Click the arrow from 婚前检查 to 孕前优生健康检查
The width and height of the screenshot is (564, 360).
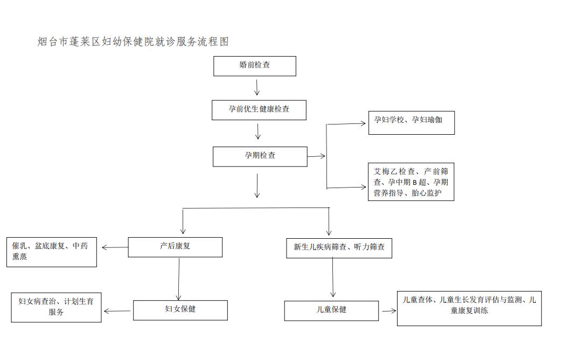(x=257, y=87)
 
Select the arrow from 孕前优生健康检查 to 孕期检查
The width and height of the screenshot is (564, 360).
(x=258, y=131)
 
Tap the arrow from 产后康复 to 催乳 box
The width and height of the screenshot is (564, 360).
(x=115, y=247)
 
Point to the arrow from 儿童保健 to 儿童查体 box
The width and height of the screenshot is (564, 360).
(x=389, y=310)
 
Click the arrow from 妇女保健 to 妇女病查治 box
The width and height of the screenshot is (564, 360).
(x=117, y=311)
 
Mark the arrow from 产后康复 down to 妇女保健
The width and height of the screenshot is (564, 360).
(x=179, y=279)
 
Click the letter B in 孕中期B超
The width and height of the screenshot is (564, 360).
(x=414, y=183)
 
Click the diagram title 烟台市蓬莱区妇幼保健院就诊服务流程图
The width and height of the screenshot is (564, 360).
(x=133, y=41)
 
